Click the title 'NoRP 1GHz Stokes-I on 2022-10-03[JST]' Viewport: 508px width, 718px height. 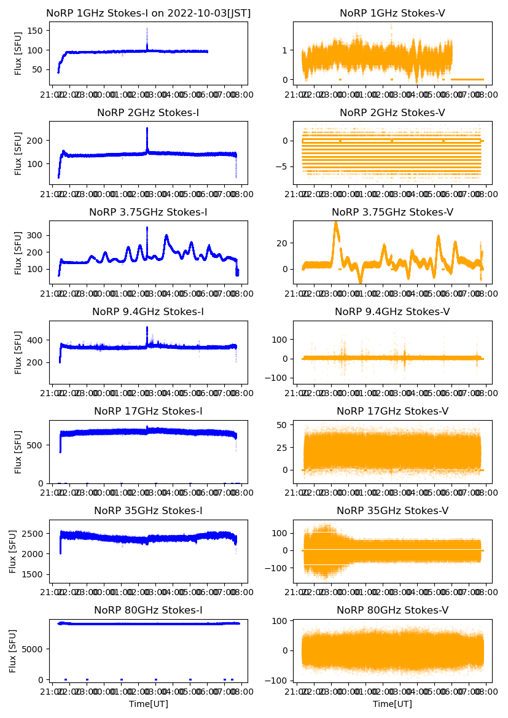(148, 13)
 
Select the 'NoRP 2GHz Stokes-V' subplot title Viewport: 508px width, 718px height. (393, 112)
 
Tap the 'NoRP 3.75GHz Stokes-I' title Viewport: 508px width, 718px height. (148, 212)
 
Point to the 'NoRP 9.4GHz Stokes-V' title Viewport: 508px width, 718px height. (393, 311)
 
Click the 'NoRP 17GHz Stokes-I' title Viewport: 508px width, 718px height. (148, 411)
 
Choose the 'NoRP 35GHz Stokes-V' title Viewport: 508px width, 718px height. (393, 510)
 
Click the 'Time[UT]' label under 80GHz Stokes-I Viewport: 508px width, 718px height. (148, 704)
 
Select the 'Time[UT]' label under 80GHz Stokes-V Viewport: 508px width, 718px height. (393, 704)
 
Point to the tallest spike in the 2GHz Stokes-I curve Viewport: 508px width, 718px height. (147, 128)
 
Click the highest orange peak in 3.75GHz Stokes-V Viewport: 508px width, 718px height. (335, 222)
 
